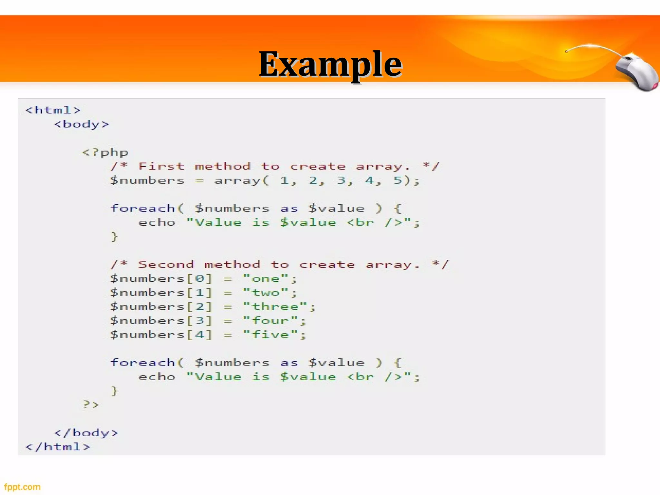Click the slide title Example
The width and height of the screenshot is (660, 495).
click(x=330, y=64)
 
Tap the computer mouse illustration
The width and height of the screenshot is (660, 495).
click(x=636, y=72)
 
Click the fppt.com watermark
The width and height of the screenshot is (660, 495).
click(x=22, y=487)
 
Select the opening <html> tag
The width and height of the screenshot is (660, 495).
click(x=53, y=110)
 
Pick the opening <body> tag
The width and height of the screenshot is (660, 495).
click(x=82, y=124)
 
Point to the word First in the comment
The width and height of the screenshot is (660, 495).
click(x=161, y=166)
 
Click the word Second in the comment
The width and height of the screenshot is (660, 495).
click(x=166, y=265)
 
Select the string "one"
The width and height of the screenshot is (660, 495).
click(x=266, y=278)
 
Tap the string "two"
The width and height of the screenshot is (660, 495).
click(x=266, y=293)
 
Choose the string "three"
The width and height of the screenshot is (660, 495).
click(x=275, y=306)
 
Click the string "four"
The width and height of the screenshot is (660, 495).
click(x=270, y=321)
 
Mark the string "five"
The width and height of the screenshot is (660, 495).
click(x=270, y=335)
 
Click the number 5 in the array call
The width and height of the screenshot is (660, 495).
click(x=398, y=180)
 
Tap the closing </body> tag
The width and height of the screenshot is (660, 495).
click(x=86, y=433)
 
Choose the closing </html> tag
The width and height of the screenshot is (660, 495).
click(x=58, y=447)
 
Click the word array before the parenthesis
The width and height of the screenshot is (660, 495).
click(x=237, y=180)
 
